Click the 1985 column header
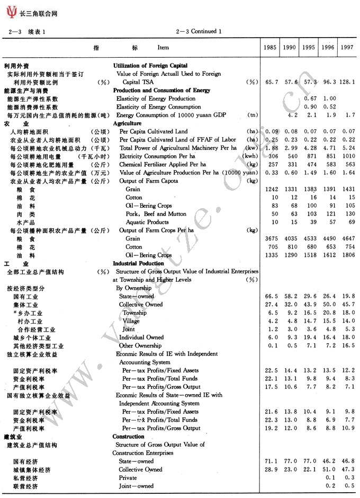270,48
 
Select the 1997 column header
347,48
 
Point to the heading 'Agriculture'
127,123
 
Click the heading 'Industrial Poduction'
138,263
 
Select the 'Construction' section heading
128,437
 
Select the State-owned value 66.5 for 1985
270,297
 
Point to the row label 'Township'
134,313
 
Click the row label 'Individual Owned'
141,337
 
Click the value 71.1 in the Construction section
270,461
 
